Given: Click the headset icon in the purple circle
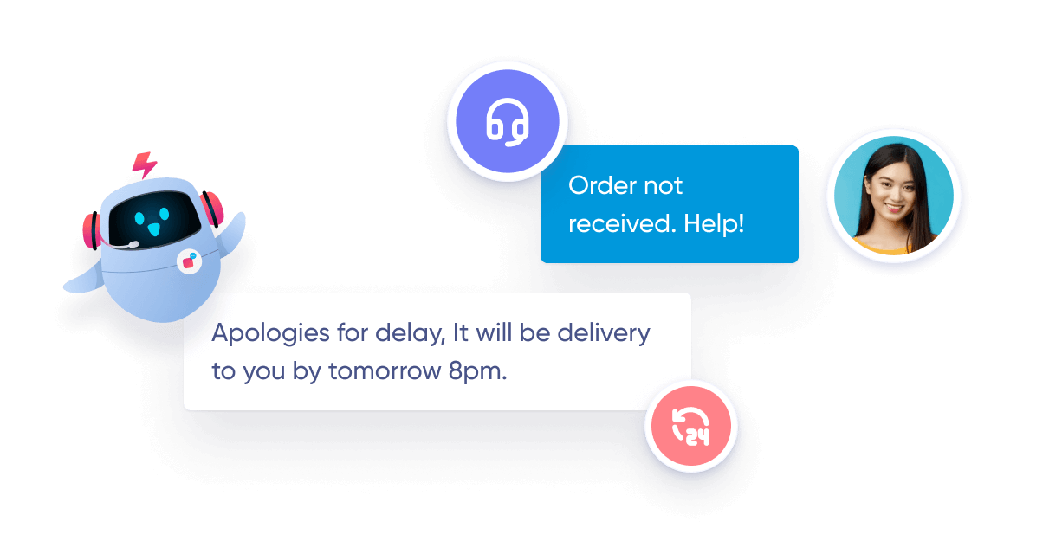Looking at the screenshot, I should [x=508, y=122].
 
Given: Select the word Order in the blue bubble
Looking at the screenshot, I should [x=600, y=185].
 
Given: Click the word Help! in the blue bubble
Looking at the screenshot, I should [x=714, y=223].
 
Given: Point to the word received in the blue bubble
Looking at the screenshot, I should [x=620, y=223].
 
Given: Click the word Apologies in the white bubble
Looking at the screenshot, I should [x=270, y=333].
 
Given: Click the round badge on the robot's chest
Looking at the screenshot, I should [x=188, y=261].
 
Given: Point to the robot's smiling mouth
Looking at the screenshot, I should [x=154, y=229].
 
